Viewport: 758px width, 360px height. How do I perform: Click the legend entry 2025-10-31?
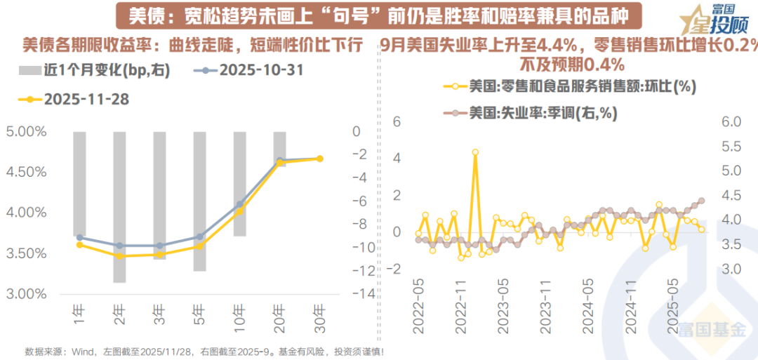251,70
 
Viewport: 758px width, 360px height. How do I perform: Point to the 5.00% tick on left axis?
26,131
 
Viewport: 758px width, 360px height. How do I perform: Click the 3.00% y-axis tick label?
26,294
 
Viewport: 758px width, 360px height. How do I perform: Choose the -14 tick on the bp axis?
357,294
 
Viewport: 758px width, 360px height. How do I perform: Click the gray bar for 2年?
119,207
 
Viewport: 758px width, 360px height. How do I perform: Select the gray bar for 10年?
240,183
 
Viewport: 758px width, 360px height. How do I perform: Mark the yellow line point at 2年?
119,256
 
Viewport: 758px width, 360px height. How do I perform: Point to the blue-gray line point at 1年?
79,237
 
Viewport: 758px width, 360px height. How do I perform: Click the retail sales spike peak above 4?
475,152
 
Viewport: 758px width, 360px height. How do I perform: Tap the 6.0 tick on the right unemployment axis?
732,122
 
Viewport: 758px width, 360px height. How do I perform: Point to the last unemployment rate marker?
702,201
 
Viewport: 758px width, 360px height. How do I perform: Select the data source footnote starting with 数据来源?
204,351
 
